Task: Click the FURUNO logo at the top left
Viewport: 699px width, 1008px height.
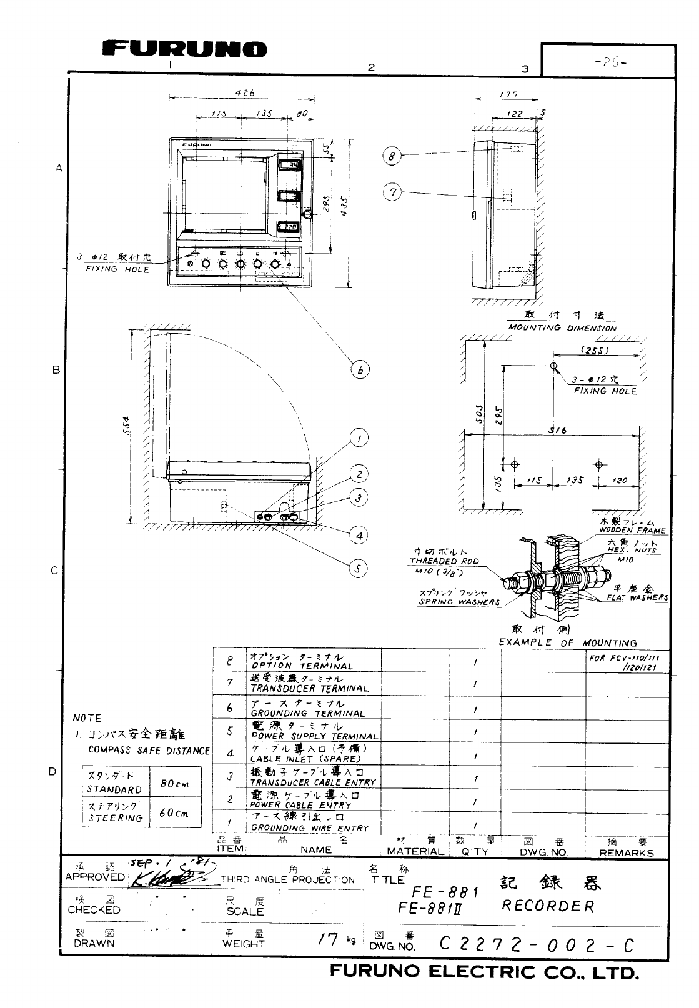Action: pyautogui.click(x=185, y=49)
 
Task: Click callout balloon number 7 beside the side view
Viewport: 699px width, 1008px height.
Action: pyautogui.click(x=392, y=192)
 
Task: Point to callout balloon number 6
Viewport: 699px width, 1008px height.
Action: pyautogui.click(x=360, y=370)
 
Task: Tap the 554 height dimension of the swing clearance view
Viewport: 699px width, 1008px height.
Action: pyautogui.click(x=127, y=427)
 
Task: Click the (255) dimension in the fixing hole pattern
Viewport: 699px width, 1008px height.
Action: pyautogui.click(x=595, y=351)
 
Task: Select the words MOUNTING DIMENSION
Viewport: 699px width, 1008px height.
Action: pyautogui.click(x=562, y=327)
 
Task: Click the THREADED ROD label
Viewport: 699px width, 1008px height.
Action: pyautogui.click(x=444, y=561)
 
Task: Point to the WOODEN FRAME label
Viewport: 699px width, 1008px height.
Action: pyautogui.click(x=632, y=531)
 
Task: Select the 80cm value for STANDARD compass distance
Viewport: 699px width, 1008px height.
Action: pyautogui.click(x=174, y=784)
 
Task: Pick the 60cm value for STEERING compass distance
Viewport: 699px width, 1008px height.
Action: pyautogui.click(x=174, y=813)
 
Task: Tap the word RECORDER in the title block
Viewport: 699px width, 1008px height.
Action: pyautogui.click(x=547, y=906)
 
